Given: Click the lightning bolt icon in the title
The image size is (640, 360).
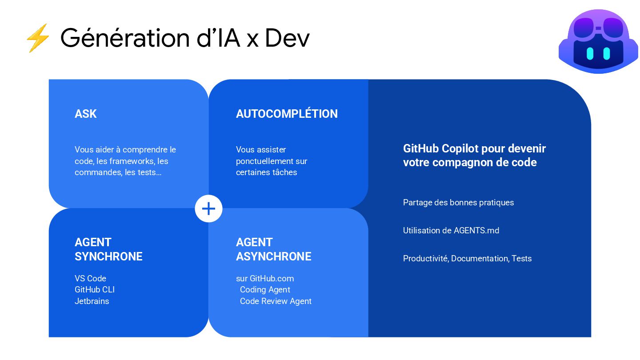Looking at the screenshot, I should (x=38, y=38).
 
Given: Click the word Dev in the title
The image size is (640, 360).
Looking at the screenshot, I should (x=287, y=38).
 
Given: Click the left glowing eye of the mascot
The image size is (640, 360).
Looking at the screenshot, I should (x=590, y=53).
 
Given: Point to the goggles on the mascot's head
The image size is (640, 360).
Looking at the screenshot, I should (x=598, y=27).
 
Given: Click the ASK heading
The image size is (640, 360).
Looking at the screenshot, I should (x=86, y=114).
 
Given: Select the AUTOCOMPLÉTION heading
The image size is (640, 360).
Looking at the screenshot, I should (x=287, y=114).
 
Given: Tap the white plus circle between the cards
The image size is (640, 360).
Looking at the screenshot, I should (x=208, y=208).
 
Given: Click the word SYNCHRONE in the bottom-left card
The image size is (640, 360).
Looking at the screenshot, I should (x=108, y=256).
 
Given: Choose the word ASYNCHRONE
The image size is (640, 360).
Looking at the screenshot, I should (x=273, y=256).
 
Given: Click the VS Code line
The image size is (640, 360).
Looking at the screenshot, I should (x=90, y=279).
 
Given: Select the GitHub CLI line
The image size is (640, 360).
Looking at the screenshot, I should (x=95, y=290).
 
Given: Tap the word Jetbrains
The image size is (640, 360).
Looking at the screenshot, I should (x=92, y=301).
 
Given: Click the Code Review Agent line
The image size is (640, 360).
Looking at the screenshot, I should (x=276, y=301).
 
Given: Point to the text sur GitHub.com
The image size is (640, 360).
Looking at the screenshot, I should (x=265, y=279).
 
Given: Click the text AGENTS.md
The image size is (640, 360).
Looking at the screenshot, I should (x=476, y=231).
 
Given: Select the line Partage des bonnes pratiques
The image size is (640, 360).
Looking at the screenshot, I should (x=458, y=203).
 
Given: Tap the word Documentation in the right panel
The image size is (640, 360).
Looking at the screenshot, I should (x=480, y=259).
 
